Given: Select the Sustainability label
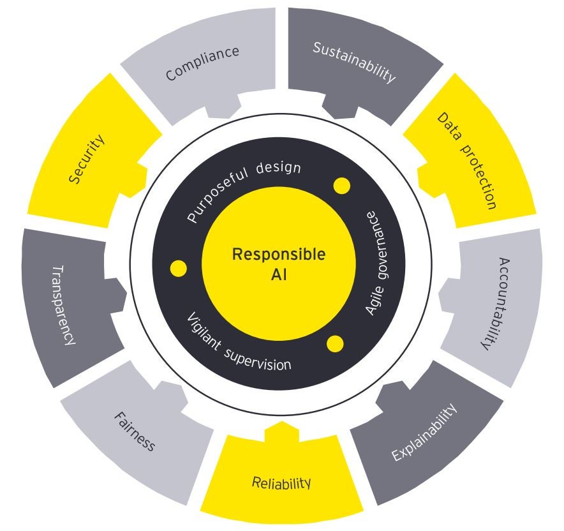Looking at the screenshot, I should tap(354, 63).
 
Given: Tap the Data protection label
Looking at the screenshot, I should tap(466, 160).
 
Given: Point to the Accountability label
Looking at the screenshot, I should tap(494, 304).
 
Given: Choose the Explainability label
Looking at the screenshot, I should tap(424, 432).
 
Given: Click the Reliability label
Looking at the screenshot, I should tap(281, 482).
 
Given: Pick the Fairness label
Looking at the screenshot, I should tap(135, 431).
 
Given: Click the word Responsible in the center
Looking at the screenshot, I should tap(279, 255).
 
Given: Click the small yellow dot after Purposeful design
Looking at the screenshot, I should tap(341, 186).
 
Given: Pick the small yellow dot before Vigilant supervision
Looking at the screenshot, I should tap(179, 268).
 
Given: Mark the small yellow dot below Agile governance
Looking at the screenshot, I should tap(336, 344).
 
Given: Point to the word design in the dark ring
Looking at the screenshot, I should tap(278, 169).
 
